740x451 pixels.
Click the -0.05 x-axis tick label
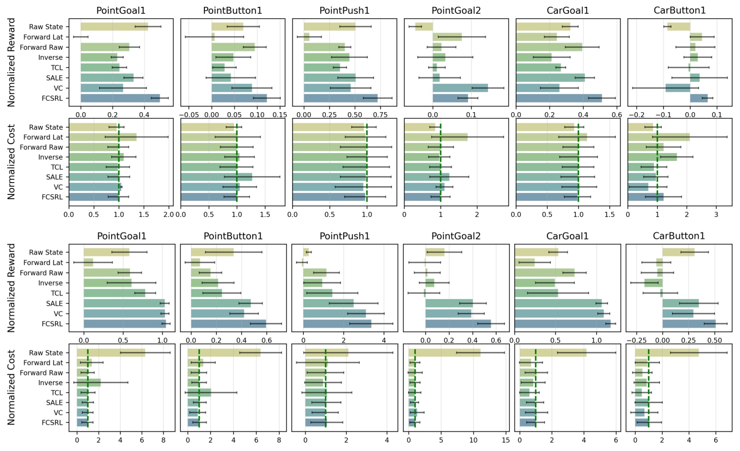[x=189, y=114]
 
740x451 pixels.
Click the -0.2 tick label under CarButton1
[x=636, y=114]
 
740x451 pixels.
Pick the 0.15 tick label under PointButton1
[x=279, y=114]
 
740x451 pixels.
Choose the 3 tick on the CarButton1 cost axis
[x=716, y=214]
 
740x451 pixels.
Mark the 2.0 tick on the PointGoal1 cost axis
[x=169, y=214]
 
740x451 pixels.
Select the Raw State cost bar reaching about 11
[x=444, y=353]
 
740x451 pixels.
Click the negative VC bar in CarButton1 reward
[x=677, y=88]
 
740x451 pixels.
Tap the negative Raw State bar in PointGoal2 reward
[x=424, y=27]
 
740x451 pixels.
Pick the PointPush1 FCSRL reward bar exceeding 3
[x=337, y=324]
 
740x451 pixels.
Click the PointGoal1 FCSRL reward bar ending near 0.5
[x=120, y=98]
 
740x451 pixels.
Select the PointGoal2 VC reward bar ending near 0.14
[x=460, y=88]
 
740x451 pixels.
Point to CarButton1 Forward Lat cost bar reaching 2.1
[x=659, y=137]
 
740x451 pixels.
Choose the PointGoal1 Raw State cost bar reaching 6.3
[x=111, y=353]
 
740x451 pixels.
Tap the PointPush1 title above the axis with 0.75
[x=344, y=10]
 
